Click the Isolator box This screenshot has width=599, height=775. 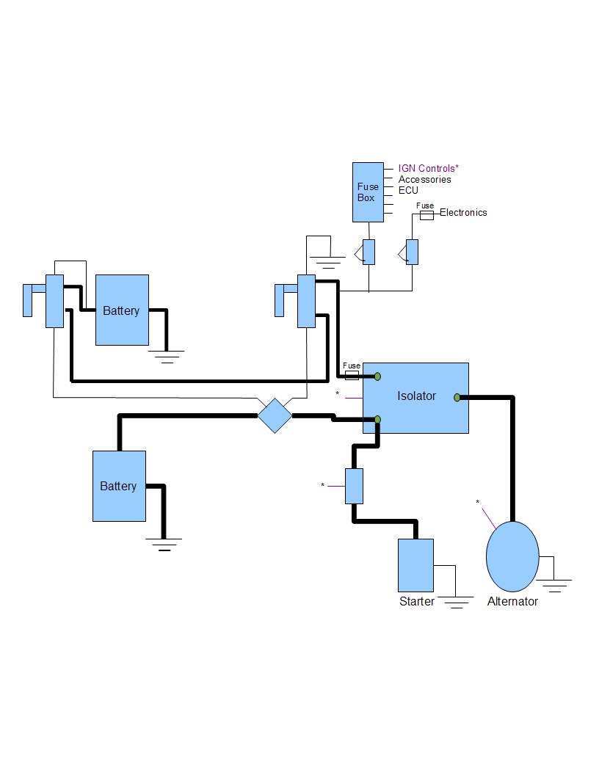click(415, 397)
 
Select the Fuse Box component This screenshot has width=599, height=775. click(367, 192)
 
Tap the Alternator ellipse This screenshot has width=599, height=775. click(512, 556)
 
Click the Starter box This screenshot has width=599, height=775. click(415, 565)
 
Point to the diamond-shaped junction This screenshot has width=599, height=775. click(275, 415)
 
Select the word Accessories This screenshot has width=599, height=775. click(425, 180)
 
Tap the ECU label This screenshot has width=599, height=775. click(408, 190)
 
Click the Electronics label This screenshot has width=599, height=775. click(463, 213)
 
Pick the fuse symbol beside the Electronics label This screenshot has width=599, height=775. click(426, 214)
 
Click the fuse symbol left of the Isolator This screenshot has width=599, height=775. click(352, 375)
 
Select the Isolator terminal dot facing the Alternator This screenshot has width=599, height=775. click(457, 397)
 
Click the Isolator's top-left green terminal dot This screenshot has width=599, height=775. click(377, 376)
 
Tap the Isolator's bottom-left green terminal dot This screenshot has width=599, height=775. click(377, 419)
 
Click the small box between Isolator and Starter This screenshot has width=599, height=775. click(354, 486)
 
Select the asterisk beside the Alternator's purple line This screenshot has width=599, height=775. click(477, 503)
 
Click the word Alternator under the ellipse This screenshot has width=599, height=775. click(512, 602)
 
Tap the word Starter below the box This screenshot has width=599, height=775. click(416, 602)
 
